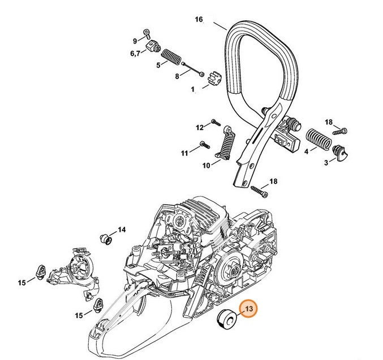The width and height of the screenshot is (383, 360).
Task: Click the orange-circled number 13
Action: click(248, 309)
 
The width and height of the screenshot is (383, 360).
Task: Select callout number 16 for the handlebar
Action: click(199, 20)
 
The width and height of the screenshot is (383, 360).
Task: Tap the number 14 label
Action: click(122, 230)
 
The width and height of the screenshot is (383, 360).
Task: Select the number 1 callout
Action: click(192, 89)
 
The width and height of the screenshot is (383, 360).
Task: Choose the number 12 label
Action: click(199, 127)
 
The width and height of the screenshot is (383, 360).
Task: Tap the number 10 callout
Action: click(206, 165)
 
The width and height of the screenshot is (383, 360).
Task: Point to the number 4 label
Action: click(306, 152)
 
